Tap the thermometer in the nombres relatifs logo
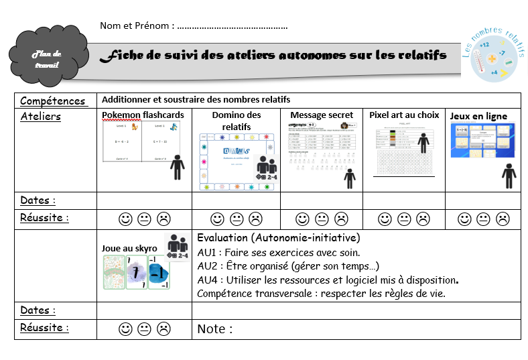[477, 60]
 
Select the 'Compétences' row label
[53, 101]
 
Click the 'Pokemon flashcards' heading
[143, 115]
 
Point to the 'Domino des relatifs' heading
[236, 121]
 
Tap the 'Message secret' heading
[322, 115]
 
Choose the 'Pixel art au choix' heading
[404, 115]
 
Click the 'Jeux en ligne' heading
[478, 116]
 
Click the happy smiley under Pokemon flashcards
[125, 219]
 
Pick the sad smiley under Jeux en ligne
[502, 219]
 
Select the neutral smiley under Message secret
[322, 219]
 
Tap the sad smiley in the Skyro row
[163, 328]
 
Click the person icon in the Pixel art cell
[423, 143]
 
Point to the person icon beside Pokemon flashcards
[177, 167]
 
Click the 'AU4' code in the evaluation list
[208, 280]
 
